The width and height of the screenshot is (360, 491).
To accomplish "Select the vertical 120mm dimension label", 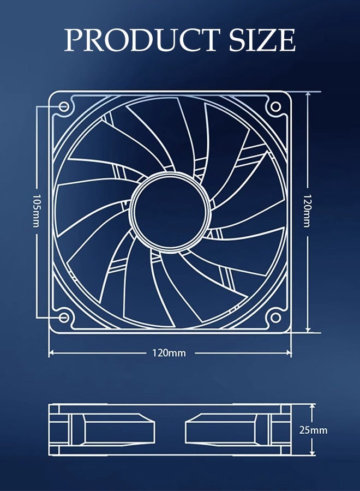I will coord(307,211).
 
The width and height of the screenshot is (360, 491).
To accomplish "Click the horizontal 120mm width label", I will coord(169,353).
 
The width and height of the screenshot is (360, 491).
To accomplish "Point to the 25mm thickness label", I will coord(314,430).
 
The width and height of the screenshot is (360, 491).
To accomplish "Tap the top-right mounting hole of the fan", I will coord(275,106).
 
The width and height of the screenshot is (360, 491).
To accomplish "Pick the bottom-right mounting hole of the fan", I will coord(275,317).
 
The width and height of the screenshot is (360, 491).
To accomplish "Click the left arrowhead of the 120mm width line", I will coord(52,353).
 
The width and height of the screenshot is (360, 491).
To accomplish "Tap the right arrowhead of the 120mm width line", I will coord(289,353).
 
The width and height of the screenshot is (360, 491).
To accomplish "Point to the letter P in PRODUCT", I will coord(74,40).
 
